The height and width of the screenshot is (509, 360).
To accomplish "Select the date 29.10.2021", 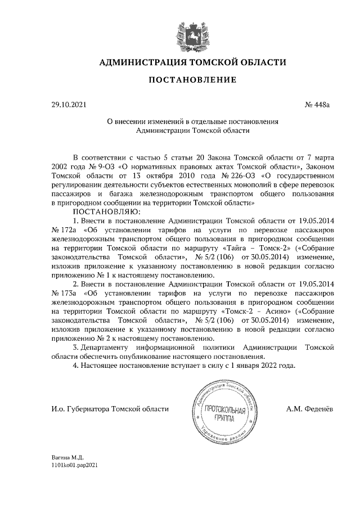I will coord(69,105).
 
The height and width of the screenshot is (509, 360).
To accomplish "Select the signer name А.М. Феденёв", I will coord(309,409).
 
